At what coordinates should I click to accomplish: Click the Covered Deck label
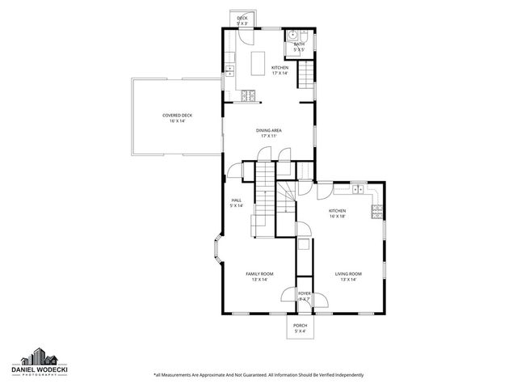[177, 118]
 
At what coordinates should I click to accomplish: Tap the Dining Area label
[267, 133]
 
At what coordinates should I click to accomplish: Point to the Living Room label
[348, 276]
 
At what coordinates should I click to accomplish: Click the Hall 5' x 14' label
[237, 203]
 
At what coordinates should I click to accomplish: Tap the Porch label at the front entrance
[300, 327]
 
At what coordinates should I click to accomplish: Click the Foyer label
[305, 296]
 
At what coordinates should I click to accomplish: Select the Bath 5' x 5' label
[298, 48]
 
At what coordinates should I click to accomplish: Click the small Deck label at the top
[242, 20]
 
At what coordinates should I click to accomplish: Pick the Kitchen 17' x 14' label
[280, 70]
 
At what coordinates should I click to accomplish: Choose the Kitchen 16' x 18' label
[337, 213]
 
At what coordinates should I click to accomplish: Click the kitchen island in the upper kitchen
[259, 62]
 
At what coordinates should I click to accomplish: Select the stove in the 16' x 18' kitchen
[376, 213]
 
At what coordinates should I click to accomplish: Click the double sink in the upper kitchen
[229, 71]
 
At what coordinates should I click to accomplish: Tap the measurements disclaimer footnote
[258, 375]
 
